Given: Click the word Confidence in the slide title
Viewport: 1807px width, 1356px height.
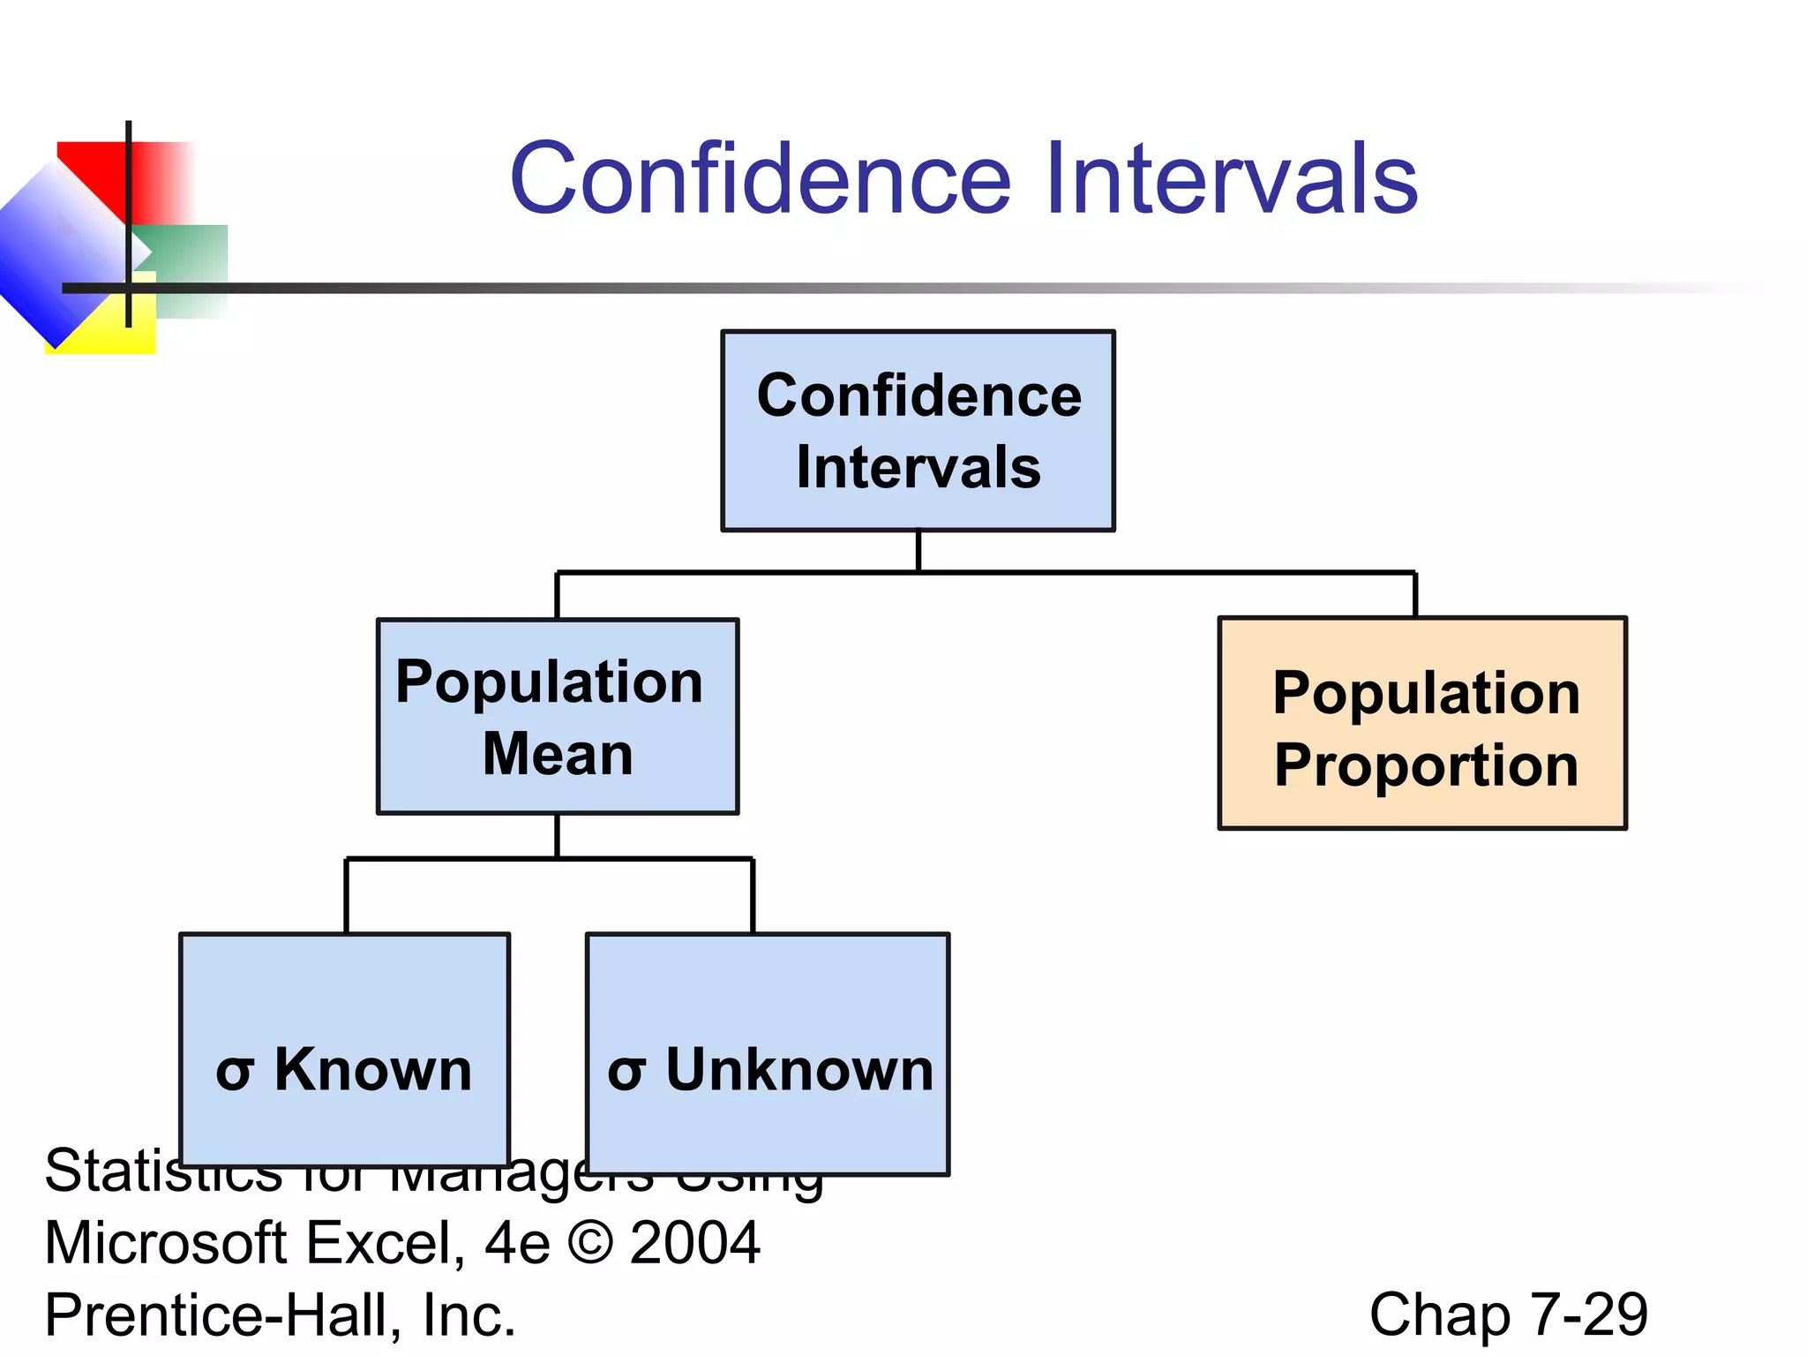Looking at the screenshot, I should (x=760, y=180).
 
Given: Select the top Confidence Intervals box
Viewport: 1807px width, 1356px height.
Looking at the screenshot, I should (x=918, y=431).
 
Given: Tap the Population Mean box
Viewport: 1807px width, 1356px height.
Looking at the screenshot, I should (x=558, y=716).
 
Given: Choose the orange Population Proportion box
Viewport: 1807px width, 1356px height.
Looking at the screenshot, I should (x=1422, y=723).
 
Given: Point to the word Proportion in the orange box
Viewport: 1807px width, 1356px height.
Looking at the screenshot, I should (x=1426, y=765).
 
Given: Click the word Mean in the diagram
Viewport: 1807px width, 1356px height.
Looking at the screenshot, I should (x=558, y=754).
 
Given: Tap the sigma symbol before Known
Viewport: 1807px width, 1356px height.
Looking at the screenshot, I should (x=235, y=1073).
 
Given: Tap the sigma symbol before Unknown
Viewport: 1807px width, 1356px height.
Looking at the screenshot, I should (x=626, y=1073).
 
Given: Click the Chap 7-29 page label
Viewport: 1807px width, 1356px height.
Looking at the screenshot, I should (x=1508, y=1315).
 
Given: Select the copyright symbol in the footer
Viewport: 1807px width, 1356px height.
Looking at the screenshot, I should (x=589, y=1243).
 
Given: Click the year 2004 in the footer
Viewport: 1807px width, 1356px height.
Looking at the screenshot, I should (x=694, y=1243).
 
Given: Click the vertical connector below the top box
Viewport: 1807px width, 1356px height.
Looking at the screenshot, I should (x=918, y=551).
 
